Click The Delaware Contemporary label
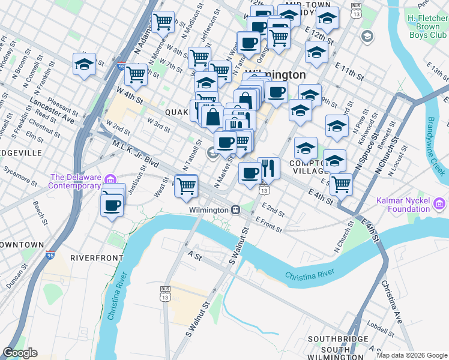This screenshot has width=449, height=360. point(75,181)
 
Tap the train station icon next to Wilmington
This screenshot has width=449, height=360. point(237,210)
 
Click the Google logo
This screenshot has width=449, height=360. point(20,353)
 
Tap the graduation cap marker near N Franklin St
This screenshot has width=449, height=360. point(84,64)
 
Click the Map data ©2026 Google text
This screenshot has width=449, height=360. point(412,355)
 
